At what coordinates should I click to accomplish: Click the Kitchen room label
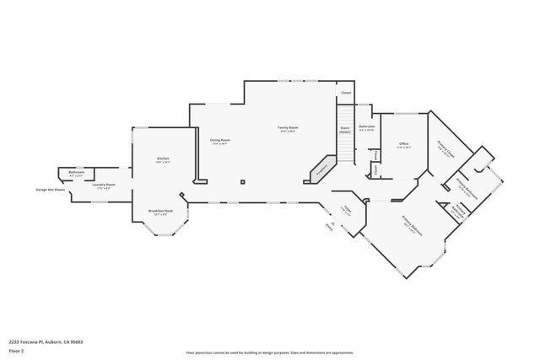(x=163, y=159)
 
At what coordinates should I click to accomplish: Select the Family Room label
(x=289, y=128)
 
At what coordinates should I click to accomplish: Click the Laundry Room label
(x=104, y=185)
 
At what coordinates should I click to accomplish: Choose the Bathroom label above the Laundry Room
(x=76, y=172)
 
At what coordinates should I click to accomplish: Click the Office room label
(x=403, y=145)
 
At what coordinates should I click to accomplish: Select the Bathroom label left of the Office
(x=366, y=127)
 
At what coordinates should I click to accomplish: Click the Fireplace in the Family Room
(x=321, y=168)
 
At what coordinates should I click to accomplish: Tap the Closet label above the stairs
(x=344, y=93)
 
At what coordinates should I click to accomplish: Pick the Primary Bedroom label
(x=411, y=223)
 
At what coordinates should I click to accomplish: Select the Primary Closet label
(x=445, y=153)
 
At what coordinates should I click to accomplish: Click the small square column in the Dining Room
(x=243, y=180)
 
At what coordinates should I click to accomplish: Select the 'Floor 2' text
(x=16, y=350)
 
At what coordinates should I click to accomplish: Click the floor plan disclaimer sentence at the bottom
(x=270, y=353)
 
